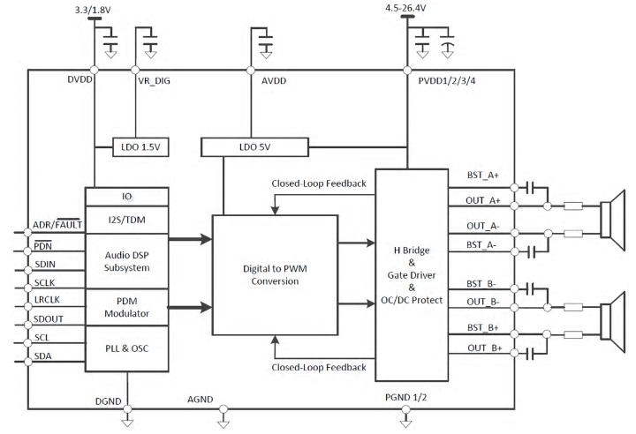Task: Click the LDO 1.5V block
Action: [137, 146]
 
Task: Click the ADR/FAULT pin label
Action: [56, 225]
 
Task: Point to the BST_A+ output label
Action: [482, 176]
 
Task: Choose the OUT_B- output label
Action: [483, 303]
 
